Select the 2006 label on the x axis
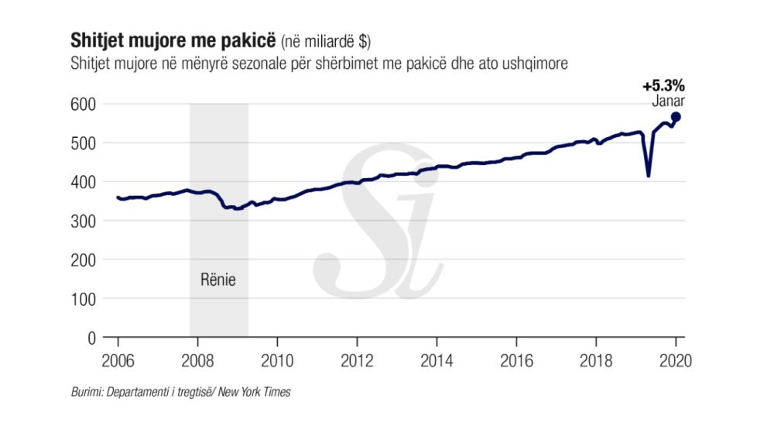[x=118, y=360]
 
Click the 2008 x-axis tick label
[x=197, y=360]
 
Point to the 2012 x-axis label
[x=357, y=360]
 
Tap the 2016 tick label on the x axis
[x=516, y=360]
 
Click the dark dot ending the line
[x=676, y=117]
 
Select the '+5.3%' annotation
[x=663, y=86]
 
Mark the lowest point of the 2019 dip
[x=648, y=176]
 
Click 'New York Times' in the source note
[x=255, y=393]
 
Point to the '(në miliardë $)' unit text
[x=326, y=40]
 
